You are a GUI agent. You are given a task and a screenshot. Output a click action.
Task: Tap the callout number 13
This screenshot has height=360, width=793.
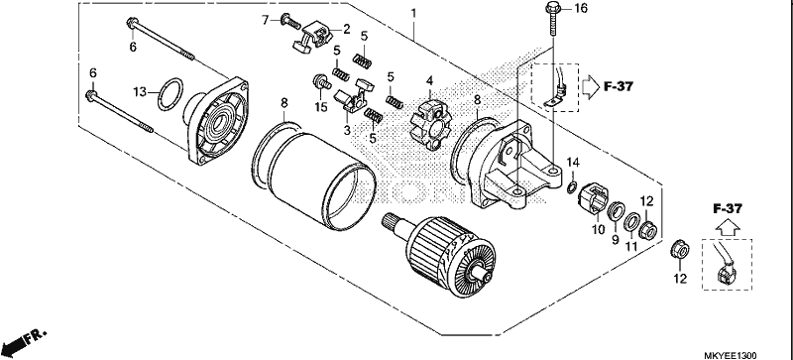click(x=139, y=91)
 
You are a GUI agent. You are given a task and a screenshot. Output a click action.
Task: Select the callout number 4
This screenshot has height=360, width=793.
click(x=429, y=80)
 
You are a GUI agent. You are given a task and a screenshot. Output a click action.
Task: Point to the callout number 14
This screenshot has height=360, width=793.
click(x=572, y=163)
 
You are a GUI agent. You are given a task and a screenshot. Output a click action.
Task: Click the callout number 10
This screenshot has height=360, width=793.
click(x=599, y=229)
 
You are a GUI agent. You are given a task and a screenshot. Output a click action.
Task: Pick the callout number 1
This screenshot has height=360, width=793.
click(x=413, y=12)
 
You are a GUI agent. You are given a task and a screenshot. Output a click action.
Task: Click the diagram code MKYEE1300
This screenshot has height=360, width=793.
click(x=730, y=355)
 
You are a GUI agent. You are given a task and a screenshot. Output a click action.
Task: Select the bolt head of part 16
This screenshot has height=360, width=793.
click(x=553, y=9)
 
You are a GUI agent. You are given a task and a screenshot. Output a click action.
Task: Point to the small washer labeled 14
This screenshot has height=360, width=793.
click(x=572, y=187)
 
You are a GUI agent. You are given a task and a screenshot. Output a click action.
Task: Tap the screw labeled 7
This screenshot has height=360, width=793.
click(x=290, y=21)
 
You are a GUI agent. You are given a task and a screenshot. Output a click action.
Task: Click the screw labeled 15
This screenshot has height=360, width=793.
click(x=322, y=81)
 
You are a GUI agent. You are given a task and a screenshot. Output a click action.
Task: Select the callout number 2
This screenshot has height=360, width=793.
click(x=346, y=29)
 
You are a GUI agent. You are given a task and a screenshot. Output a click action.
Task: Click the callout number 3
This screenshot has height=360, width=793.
click(x=347, y=130)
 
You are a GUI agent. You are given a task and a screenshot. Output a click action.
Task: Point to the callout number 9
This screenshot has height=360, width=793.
click(x=615, y=240)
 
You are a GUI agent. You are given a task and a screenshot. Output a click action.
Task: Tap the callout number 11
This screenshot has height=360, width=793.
click(x=631, y=246)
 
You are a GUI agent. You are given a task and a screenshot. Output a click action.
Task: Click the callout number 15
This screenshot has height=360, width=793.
click(x=321, y=107)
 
